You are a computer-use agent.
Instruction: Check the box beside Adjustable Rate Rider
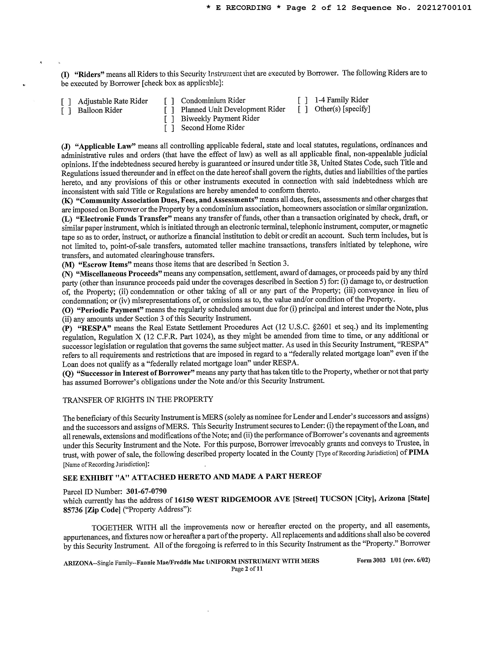click(x=66, y=102)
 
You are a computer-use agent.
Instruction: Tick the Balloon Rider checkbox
click(x=66, y=111)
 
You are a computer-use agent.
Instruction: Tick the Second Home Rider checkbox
click(x=169, y=128)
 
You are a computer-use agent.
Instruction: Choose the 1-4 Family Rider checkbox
click(x=303, y=100)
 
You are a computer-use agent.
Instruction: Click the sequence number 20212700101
click(x=444, y=8)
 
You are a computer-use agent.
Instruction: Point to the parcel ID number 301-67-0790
click(x=146, y=491)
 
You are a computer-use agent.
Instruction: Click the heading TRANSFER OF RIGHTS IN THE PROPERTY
click(x=138, y=400)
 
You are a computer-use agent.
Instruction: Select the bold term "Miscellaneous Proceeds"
click(x=121, y=273)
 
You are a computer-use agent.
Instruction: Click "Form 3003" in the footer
click(x=371, y=560)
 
